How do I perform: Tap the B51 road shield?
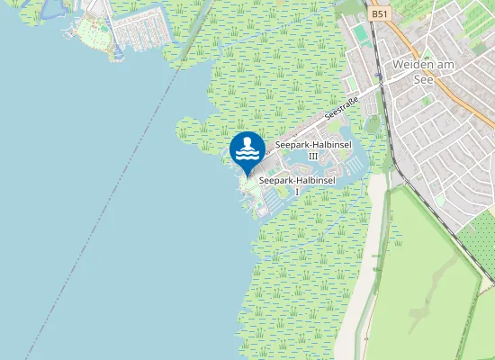coord(379,14)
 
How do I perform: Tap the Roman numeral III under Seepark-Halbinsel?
coord(313,156)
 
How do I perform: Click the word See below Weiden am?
coord(423,78)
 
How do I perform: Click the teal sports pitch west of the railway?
coord(360,33)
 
